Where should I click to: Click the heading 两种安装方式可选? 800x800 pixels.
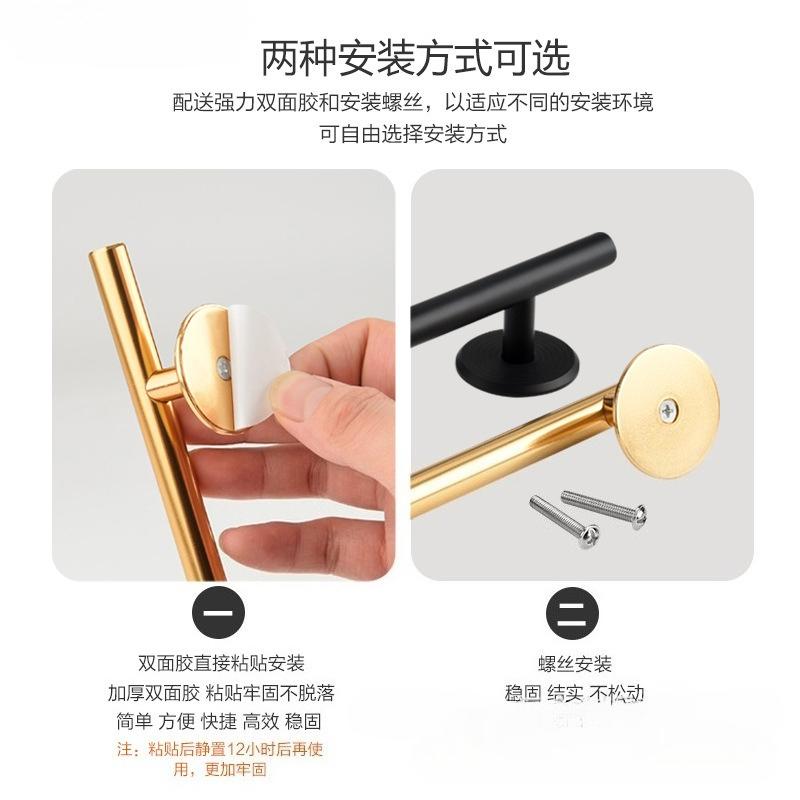click(x=415, y=59)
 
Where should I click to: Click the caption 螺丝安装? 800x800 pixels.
click(x=573, y=664)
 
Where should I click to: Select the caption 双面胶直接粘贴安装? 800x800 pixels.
click(x=221, y=663)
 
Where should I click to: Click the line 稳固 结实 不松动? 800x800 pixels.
click(x=573, y=692)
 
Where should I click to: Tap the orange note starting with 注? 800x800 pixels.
click(x=221, y=759)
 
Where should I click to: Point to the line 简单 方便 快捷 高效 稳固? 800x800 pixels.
click(x=221, y=721)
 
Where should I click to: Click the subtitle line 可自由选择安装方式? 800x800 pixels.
click(x=413, y=133)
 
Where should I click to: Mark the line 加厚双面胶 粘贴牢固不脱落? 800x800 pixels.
click(x=221, y=692)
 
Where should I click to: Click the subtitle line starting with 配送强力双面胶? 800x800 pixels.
click(x=413, y=102)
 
